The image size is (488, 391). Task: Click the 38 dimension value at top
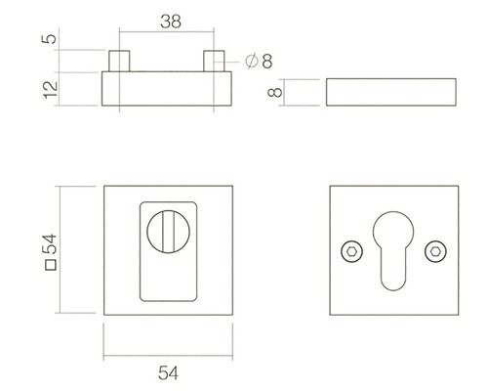(x=169, y=18)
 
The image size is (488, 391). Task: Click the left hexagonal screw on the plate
(x=350, y=252)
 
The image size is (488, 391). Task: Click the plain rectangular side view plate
(x=389, y=94)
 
